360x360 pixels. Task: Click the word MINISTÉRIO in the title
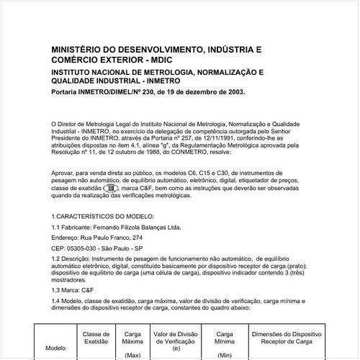point(78,50)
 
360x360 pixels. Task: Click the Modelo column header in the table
point(55,346)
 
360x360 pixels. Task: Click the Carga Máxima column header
point(132,339)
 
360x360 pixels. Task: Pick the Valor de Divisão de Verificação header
point(176,339)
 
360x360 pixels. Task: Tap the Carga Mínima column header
point(224,339)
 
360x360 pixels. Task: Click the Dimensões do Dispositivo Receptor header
point(287,339)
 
